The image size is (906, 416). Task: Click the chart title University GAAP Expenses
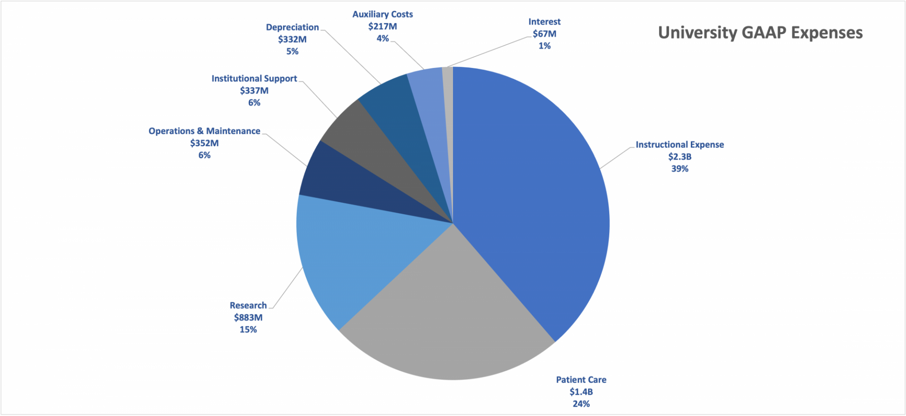pyautogui.click(x=760, y=33)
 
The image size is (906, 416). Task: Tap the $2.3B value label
pyautogui.click(x=679, y=157)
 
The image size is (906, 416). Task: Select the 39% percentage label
pyautogui.click(x=679, y=169)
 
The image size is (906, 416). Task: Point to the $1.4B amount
pyautogui.click(x=581, y=391)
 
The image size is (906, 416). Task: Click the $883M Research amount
pyautogui.click(x=248, y=317)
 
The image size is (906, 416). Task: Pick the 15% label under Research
pyautogui.click(x=248, y=330)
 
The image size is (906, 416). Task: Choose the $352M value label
pyautogui.click(x=204, y=143)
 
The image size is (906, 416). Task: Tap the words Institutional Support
pyautogui.click(x=254, y=78)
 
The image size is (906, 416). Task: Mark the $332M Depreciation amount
pyautogui.click(x=292, y=39)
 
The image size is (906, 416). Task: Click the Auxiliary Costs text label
pyautogui.click(x=382, y=14)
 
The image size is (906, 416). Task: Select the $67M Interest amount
pyautogui.click(x=545, y=34)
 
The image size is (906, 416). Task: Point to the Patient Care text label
pyautogui.click(x=581, y=380)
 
